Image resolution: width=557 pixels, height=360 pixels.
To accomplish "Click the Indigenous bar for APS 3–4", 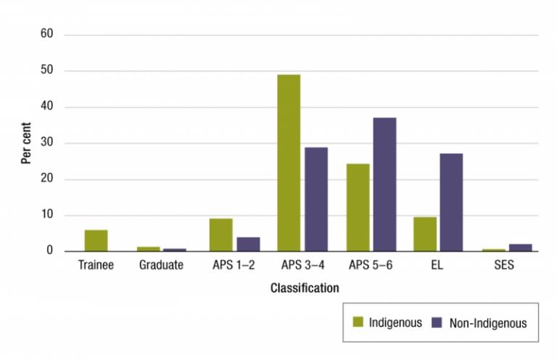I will pos(289,163).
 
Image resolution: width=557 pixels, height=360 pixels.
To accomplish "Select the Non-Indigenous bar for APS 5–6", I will pos(384,184).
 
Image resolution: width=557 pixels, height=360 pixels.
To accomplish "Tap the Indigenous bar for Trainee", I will pos(96,240).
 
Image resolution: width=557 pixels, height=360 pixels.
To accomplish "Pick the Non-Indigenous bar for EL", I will pos(451,202).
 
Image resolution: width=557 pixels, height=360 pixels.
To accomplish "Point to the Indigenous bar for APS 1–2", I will pos(221,234).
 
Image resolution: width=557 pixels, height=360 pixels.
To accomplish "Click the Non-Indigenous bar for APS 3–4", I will pos(315,199).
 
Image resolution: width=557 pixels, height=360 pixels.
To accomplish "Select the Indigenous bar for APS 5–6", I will pos(358,208).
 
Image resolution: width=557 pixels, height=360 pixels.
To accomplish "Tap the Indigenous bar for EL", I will pos(424,234).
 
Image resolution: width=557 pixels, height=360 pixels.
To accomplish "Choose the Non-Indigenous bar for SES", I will pos(520,247).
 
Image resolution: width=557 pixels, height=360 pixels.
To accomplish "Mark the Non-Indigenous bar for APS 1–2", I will pos(248,244).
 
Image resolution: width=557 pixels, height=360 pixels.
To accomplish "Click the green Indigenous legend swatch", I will pos(358,322).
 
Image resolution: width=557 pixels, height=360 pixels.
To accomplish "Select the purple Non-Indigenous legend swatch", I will pos(437,322).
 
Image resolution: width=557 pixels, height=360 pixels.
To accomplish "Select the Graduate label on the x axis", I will pos(161,266).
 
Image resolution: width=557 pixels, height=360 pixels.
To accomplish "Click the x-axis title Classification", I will pos(305,288).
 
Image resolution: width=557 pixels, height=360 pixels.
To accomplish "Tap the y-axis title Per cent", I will pos(26,143).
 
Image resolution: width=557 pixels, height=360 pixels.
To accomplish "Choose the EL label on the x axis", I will pos(437,266).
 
